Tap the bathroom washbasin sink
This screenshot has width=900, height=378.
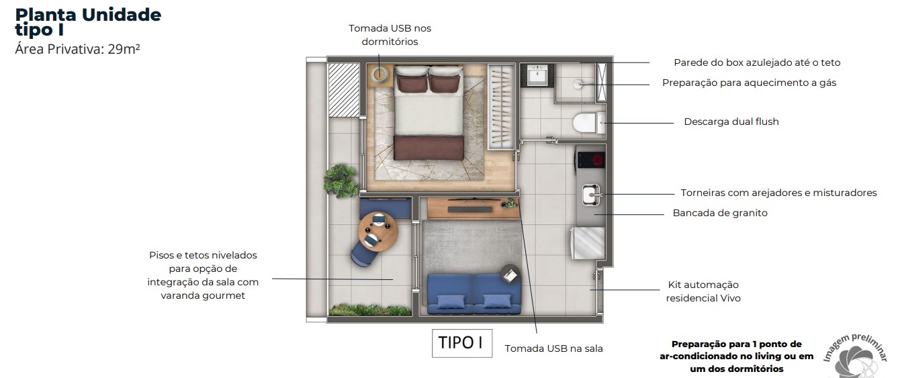pos(538,76)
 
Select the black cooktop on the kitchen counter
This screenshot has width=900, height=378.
pos(591,160)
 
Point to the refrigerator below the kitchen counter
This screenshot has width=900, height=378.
pos(588,243)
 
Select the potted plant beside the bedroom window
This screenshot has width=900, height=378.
pos(341,179)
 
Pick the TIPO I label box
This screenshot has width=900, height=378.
pos(461,342)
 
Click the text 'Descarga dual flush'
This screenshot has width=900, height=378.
pos(731,122)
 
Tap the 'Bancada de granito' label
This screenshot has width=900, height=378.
pos(720,213)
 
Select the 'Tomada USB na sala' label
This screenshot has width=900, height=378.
pos(553,348)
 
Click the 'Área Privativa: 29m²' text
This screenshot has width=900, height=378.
pos(77,48)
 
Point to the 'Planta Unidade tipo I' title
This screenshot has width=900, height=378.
pos(87,21)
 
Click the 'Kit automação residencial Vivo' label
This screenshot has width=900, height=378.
pos(703,291)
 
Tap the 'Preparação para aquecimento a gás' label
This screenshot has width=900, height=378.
pos(749,83)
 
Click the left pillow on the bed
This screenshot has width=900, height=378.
pos(410,83)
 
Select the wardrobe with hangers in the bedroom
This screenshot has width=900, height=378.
pos(501,106)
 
